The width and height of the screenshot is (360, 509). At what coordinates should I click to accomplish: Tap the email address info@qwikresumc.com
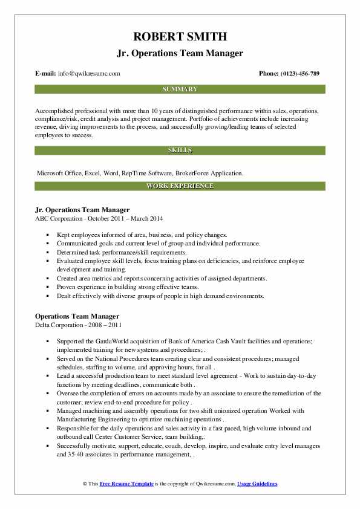(x=90, y=74)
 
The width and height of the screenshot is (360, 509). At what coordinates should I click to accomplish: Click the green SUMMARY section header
(x=180, y=89)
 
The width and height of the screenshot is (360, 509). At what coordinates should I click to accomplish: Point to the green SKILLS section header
(x=180, y=149)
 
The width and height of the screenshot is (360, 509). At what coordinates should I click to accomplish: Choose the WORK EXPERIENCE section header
(x=180, y=186)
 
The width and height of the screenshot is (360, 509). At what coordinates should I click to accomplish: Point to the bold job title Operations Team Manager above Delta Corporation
(x=77, y=316)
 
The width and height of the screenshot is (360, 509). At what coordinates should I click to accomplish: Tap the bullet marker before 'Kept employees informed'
(x=48, y=235)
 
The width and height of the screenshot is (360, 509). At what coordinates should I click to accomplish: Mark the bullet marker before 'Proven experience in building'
(x=48, y=287)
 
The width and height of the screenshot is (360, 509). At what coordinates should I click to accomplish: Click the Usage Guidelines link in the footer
(x=257, y=484)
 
